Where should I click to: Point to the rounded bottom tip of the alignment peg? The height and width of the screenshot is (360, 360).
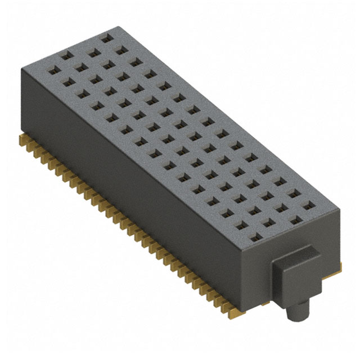point(298,319)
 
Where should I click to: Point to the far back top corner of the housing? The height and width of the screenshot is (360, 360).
point(116,27)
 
